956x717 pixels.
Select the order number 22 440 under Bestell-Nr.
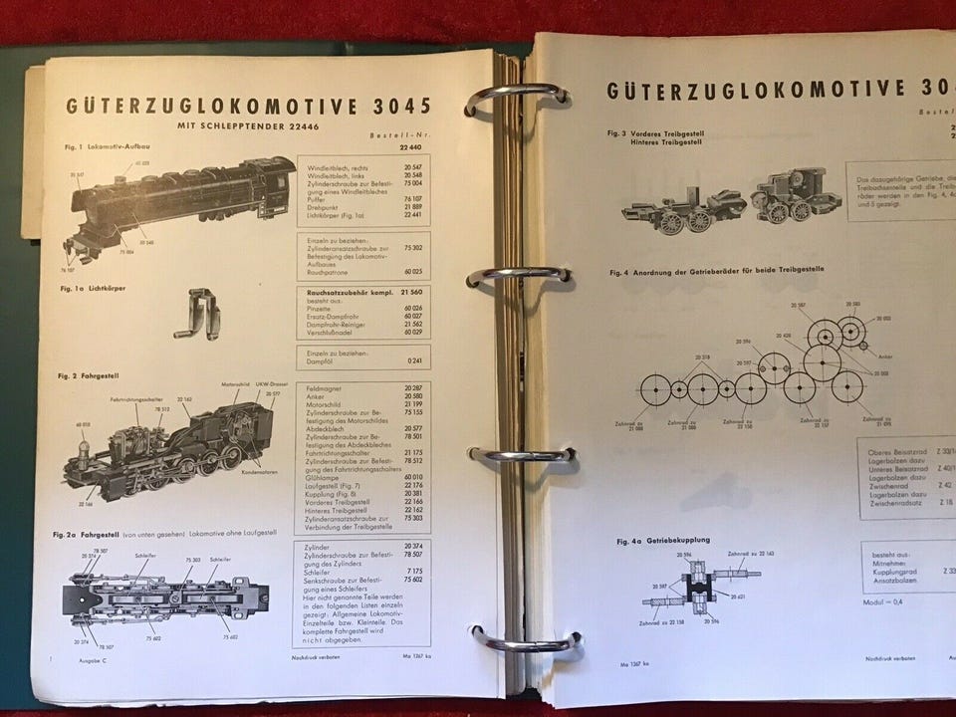coord(410,147)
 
